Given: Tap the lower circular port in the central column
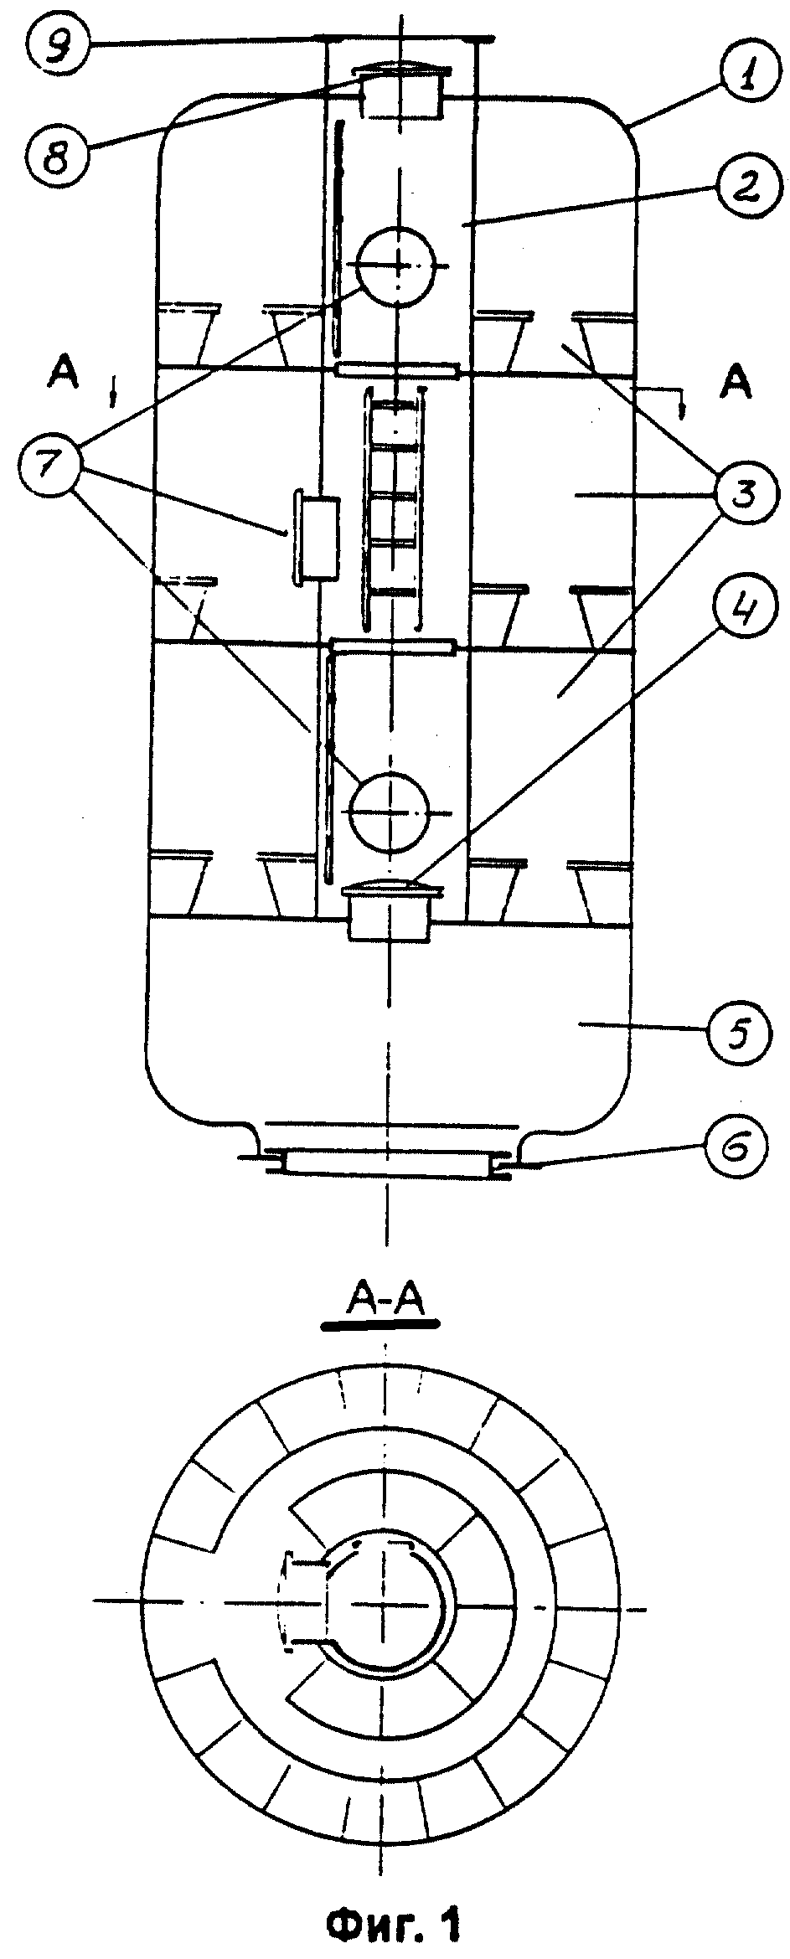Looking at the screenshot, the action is [390, 811].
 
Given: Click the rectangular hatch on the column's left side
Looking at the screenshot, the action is [315, 537].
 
